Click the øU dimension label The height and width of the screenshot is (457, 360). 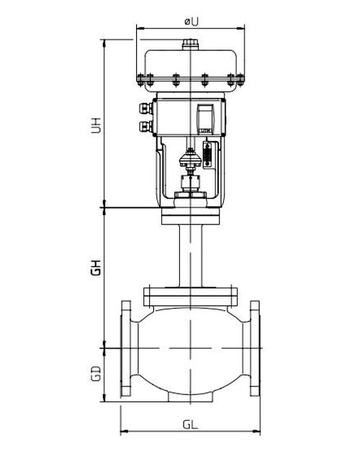pyautogui.click(x=191, y=21)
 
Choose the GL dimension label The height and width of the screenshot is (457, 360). pyautogui.click(x=191, y=424)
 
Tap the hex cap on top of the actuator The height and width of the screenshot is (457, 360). pyautogui.click(x=189, y=45)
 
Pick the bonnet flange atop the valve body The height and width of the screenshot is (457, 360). pyautogui.click(x=189, y=294)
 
